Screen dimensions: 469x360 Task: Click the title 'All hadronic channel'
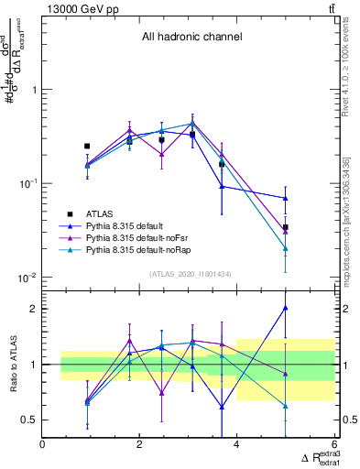point(191,38)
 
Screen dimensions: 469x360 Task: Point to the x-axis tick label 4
point(236,445)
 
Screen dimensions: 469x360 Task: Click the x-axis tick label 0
point(43,445)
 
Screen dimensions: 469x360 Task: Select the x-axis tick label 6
point(334,445)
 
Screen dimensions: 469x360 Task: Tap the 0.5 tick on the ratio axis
point(30,420)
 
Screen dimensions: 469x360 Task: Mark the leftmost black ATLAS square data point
point(87,146)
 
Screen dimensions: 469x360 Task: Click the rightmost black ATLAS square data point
point(286,227)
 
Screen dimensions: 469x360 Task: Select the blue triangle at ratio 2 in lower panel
point(286,308)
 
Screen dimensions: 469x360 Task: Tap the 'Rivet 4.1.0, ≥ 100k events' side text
point(348,73)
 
